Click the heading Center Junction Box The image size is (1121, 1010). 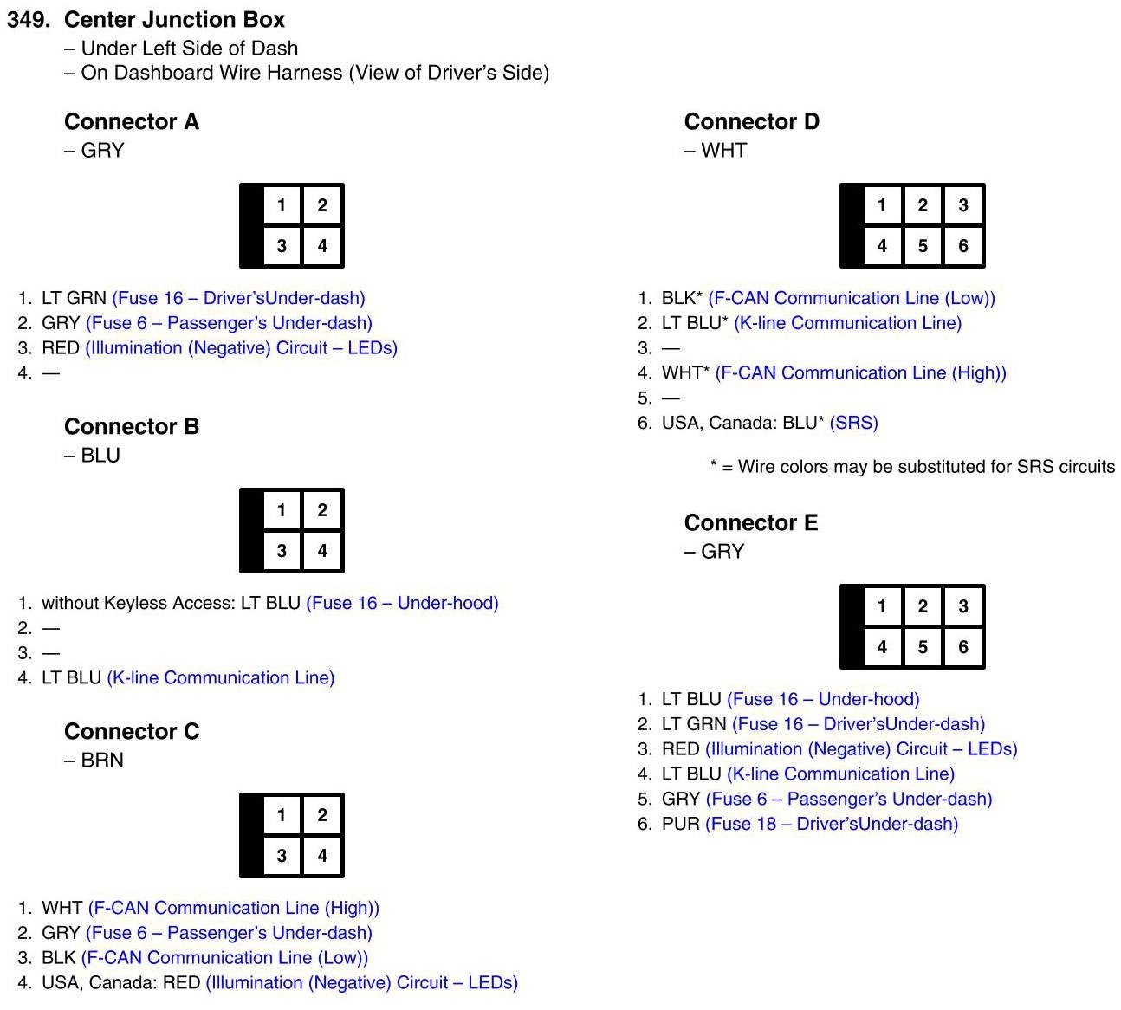point(174,19)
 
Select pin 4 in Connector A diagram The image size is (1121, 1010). point(322,246)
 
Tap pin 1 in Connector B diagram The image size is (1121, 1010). point(282,510)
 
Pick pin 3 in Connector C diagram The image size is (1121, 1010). point(282,856)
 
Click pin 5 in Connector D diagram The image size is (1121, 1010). point(923,246)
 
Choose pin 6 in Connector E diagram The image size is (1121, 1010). point(962,647)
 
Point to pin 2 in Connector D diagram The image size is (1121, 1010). point(923,205)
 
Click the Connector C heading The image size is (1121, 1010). point(132,732)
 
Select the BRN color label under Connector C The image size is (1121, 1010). point(101,761)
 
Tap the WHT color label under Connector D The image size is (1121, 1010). point(723,151)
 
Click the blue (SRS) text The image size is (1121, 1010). point(853,423)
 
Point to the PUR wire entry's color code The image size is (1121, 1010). point(680,824)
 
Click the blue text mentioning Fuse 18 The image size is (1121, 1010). point(832,824)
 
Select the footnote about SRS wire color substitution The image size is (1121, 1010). point(912,467)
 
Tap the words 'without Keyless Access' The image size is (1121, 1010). point(138,603)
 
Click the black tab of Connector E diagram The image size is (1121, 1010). point(852,626)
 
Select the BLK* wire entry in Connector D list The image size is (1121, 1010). point(681,299)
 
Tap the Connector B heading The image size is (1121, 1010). point(132,427)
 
